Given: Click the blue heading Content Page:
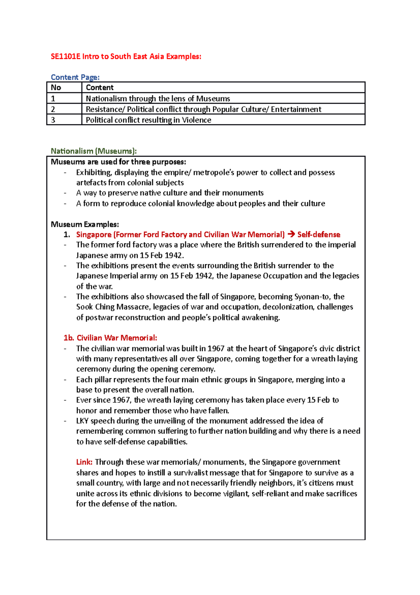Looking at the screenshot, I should [x=75, y=77].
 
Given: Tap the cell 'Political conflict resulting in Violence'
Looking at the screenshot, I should [x=148, y=120].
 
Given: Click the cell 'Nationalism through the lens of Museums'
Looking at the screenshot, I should [x=158, y=99].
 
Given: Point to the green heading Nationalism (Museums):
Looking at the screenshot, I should [x=93, y=151].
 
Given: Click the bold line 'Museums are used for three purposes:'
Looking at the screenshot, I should [x=118, y=162].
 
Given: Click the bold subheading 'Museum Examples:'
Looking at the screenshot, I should [x=85, y=224].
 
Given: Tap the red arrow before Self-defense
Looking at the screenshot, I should [x=291, y=234].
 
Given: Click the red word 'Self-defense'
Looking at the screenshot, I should [x=319, y=235].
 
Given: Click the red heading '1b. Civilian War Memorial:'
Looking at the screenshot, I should [x=110, y=338].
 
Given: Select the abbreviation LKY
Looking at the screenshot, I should [x=82, y=421].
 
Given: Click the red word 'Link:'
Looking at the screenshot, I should [x=84, y=462].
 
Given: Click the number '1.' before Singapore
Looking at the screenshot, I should [x=67, y=235].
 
